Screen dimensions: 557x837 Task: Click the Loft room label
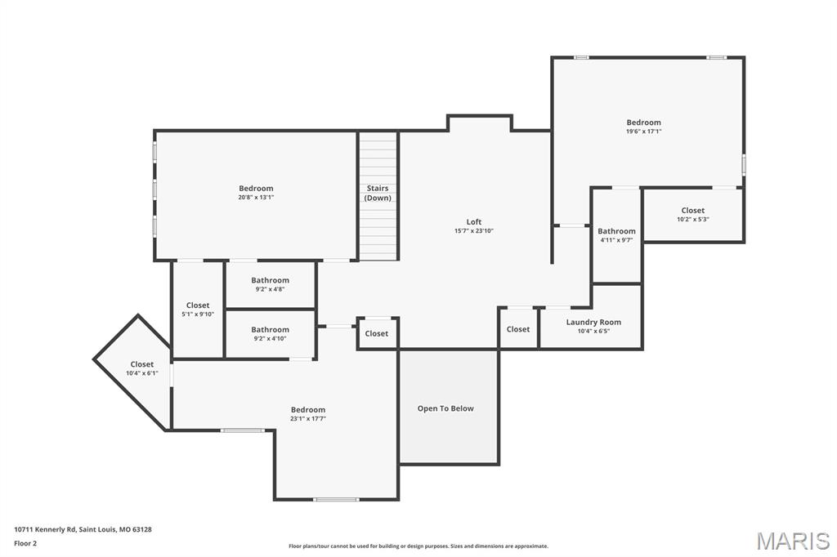tap(474, 221)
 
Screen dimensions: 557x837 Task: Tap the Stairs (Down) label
tap(378, 193)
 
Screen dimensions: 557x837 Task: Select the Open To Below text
tap(445, 408)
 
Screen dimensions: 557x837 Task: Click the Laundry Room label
tap(593, 322)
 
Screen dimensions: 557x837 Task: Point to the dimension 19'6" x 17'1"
tap(644, 131)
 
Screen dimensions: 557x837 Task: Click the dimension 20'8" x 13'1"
tap(256, 197)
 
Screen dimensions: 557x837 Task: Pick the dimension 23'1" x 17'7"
tap(308, 418)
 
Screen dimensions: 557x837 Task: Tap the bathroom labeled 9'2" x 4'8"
tap(270, 283)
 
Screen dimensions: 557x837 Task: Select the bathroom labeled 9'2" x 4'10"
tap(270, 333)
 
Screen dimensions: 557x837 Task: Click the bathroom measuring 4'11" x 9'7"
tap(616, 234)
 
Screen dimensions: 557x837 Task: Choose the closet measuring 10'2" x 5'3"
tap(693, 214)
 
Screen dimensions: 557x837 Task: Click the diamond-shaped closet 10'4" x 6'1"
tap(141, 368)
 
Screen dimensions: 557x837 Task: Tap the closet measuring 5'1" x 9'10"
tap(198, 309)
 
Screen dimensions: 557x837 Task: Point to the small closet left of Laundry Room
tap(518, 329)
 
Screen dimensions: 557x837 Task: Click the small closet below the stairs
tap(377, 333)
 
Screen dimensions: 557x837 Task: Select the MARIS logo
tap(792, 540)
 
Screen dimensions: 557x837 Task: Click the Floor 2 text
tap(25, 542)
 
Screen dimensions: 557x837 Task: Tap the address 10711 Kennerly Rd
tap(83, 529)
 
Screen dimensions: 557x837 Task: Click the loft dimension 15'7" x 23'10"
tap(474, 230)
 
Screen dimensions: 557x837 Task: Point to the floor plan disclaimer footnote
tap(418, 546)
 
